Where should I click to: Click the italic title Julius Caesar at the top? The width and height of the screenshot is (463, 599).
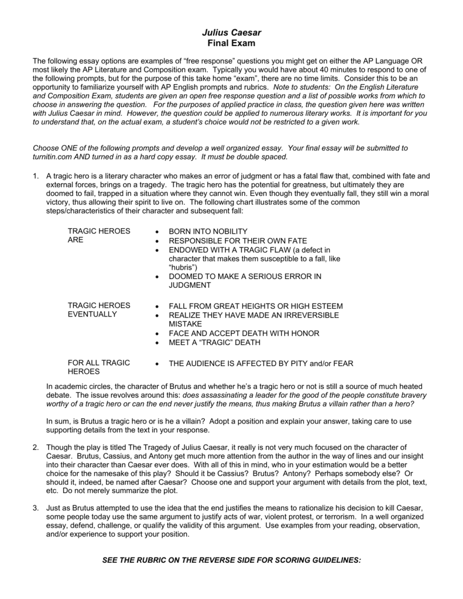pyautogui.click(x=231, y=33)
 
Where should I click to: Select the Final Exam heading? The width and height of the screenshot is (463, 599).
pyautogui.click(x=231, y=43)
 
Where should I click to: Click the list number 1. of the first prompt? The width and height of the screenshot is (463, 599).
pyautogui.click(x=36, y=175)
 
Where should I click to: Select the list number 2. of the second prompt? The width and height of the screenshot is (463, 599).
pyautogui.click(x=36, y=447)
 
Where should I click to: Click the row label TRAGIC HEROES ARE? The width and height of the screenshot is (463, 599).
pyautogui.click(x=99, y=235)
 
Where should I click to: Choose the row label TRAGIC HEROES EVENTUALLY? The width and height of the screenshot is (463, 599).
pyautogui.click(x=99, y=310)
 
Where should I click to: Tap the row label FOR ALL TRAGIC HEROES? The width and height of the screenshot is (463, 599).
pyautogui.click(x=99, y=367)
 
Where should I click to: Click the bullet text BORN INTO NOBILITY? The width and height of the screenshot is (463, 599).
pyautogui.click(x=208, y=231)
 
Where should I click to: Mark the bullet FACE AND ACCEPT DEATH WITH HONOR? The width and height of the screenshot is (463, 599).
pyautogui.click(x=243, y=333)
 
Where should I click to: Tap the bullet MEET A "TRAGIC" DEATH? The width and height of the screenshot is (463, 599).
pyautogui.click(x=214, y=342)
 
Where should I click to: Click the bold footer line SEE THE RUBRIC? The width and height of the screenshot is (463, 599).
pyautogui.click(x=232, y=560)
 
